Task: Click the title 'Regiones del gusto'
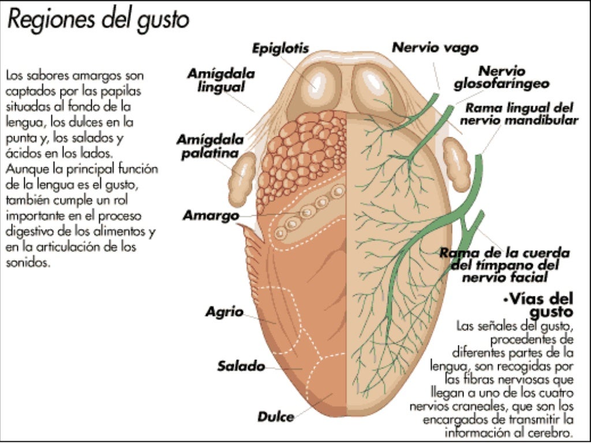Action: click(98, 20)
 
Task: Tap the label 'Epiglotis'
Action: click(280, 48)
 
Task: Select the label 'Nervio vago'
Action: click(435, 47)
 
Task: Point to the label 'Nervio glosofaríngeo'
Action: click(501, 78)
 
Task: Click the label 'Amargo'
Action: click(203, 216)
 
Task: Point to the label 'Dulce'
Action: click(275, 416)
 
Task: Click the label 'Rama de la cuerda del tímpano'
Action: click(504, 265)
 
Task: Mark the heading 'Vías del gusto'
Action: click(540, 305)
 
